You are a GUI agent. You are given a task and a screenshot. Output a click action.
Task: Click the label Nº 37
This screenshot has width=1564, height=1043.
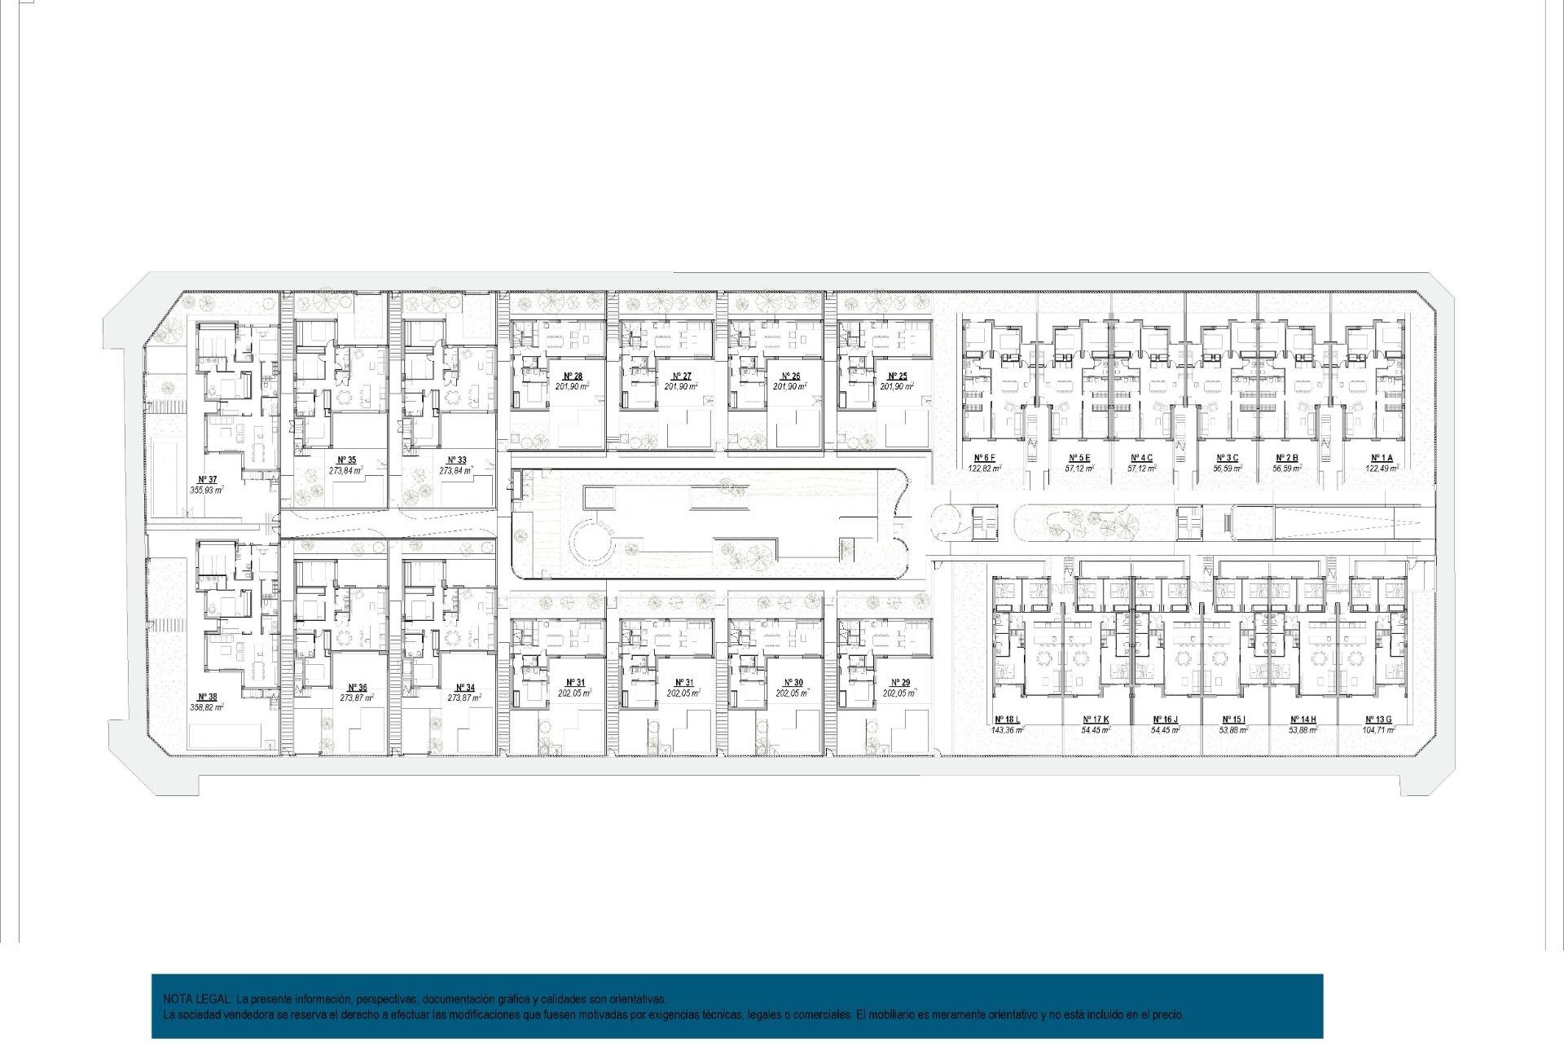coord(208,480)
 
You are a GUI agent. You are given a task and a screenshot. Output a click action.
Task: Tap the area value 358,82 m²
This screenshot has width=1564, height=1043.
coord(207,707)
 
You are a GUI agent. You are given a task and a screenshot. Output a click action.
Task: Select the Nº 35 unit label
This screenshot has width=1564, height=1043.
coord(347,460)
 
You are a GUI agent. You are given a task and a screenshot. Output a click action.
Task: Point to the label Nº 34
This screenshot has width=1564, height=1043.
coord(465,688)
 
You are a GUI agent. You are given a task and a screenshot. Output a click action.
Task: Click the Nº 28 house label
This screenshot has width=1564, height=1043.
coord(573,376)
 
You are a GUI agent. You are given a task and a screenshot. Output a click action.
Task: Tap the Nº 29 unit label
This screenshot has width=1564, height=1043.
coord(900,683)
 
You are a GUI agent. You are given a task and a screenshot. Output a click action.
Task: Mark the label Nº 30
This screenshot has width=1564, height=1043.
coord(793,683)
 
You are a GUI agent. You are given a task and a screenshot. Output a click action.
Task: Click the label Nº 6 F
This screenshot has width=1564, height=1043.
coord(984,458)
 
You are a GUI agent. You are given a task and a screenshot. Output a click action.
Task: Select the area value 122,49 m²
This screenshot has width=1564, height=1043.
coord(1382,469)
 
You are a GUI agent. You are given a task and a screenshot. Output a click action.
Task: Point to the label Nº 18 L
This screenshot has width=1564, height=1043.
coord(1007,720)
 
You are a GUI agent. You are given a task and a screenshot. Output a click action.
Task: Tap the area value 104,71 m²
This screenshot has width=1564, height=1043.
coord(1378,730)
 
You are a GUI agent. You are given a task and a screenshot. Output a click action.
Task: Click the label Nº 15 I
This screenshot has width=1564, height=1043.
coord(1233,720)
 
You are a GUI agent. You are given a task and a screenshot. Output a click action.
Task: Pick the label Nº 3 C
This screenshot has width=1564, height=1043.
coord(1227,458)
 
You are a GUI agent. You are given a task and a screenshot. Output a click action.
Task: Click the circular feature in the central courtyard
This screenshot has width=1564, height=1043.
coord(593,541)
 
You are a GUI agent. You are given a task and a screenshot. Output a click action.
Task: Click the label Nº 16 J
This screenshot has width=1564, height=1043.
coord(1165,720)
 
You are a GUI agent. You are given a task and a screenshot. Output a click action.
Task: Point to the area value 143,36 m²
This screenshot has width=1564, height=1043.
coord(1007,730)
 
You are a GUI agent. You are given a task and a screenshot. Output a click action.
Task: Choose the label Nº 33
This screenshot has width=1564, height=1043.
coord(456,460)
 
